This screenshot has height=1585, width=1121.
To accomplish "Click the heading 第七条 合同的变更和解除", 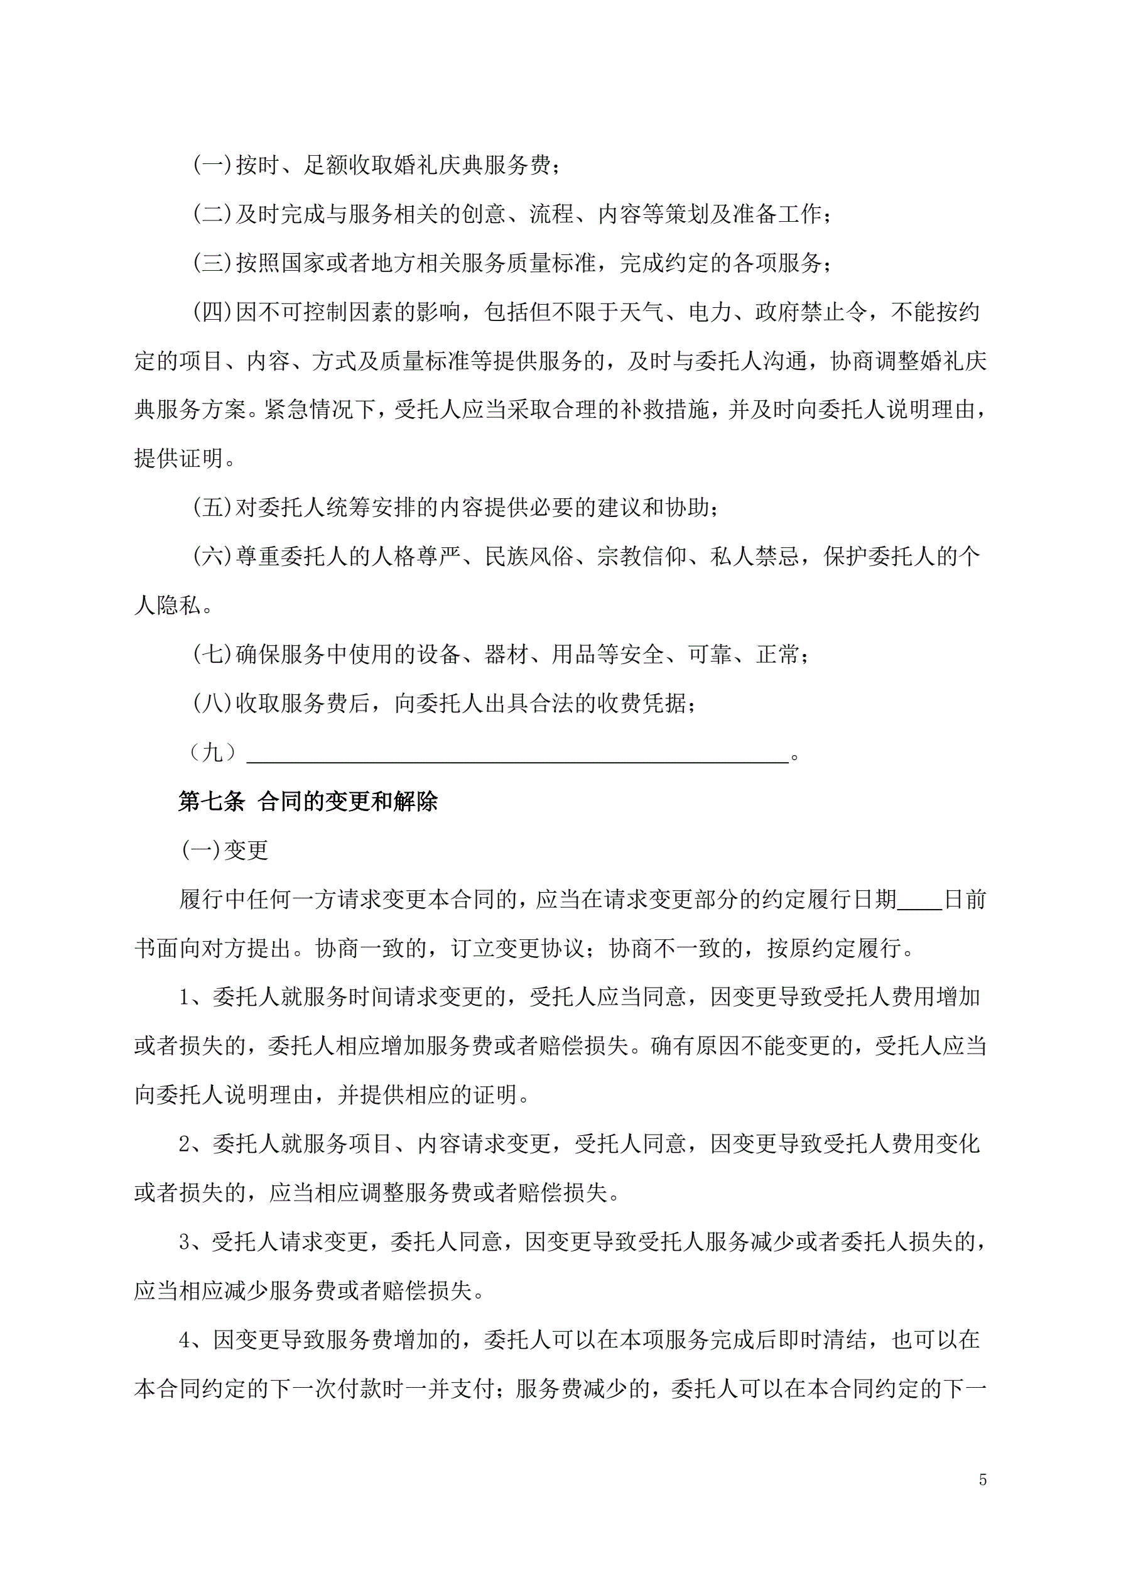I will (308, 802).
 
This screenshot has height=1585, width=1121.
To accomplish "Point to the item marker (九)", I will (212, 753).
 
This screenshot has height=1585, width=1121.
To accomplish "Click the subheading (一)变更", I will (224, 851).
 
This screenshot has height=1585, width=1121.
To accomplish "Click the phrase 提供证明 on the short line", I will (179, 459).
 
